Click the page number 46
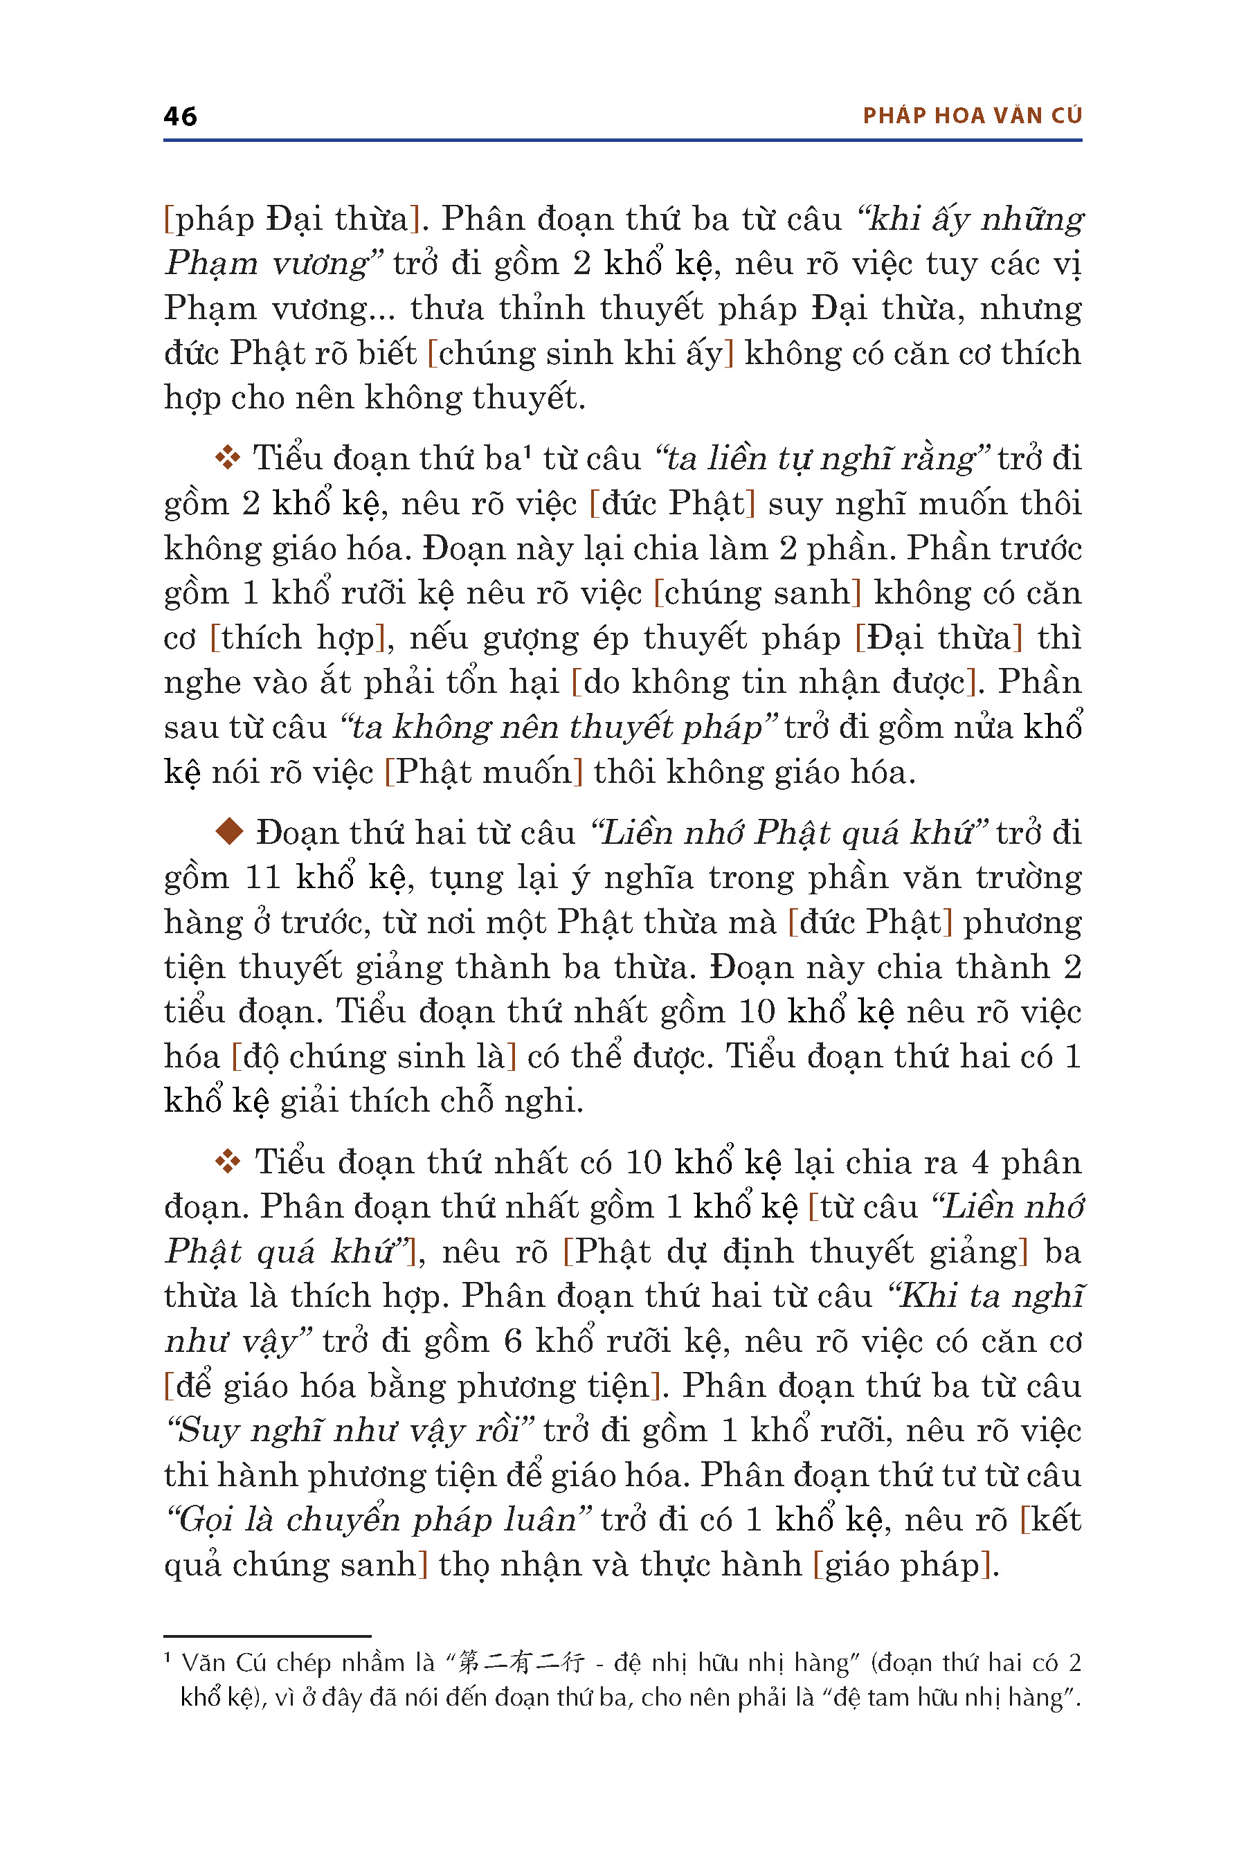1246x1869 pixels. [181, 116]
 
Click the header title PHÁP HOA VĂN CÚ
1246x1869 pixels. [972, 116]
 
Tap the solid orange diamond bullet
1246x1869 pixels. [229, 832]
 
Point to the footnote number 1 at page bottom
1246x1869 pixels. [168, 1659]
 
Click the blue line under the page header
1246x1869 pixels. [622, 141]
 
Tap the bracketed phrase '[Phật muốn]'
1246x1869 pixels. [484, 772]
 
